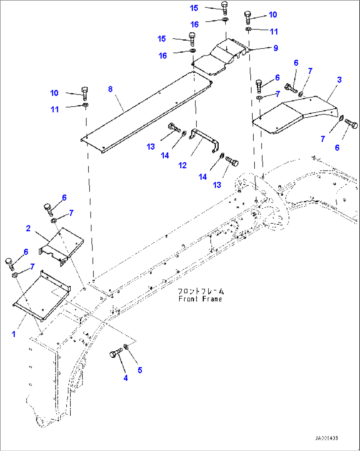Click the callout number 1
[14, 334]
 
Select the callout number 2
[28, 228]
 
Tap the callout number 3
[339, 80]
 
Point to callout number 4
[126, 378]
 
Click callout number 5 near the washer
[140, 370]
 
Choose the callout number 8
[110, 89]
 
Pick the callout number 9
[276, 48]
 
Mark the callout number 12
[183, 165]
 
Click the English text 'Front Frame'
[200, 299]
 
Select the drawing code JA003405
[326, 438]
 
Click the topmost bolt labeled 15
[224, 7]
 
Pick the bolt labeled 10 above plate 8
[85, 93]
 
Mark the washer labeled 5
[126, 347]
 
